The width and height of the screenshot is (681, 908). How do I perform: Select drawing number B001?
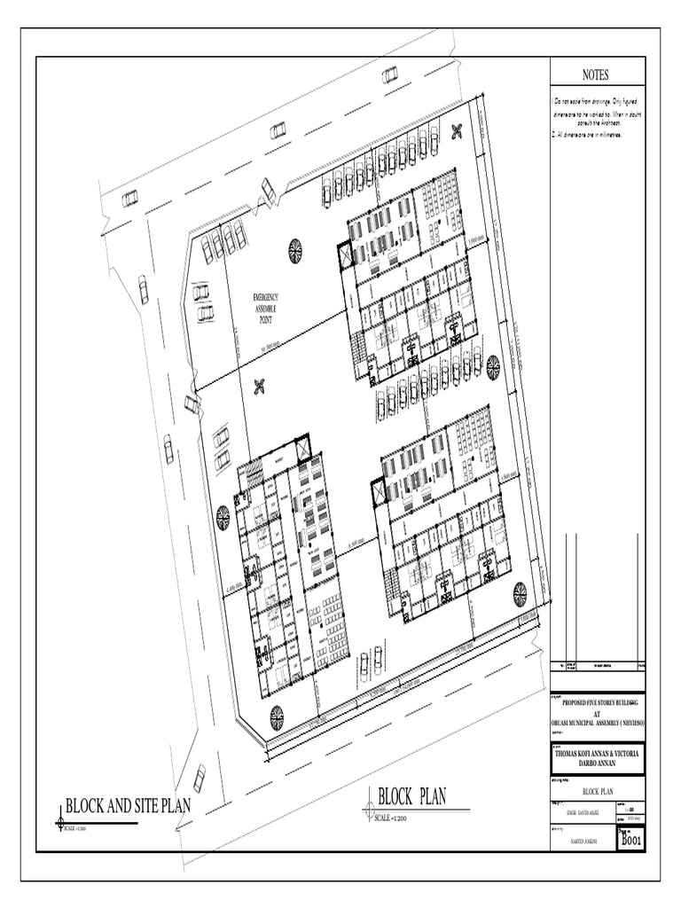631,837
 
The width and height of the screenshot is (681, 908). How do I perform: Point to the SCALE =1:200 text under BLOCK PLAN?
395,817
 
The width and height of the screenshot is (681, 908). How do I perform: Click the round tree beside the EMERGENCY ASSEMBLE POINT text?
295,251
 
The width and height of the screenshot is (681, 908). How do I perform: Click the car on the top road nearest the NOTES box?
390,75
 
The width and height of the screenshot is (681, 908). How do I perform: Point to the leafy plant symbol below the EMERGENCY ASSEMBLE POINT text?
260,386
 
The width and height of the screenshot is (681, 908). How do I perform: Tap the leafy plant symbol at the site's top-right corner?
458,131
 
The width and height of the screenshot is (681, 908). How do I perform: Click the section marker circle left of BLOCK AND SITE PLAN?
60,822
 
